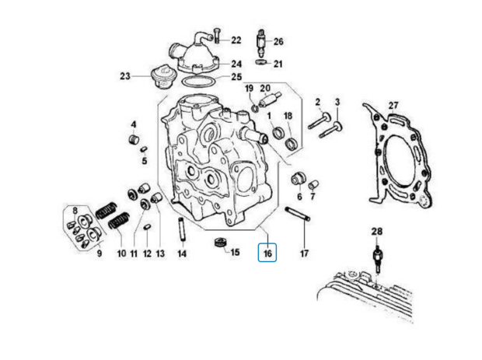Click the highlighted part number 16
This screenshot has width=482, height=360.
(x=267, y=253)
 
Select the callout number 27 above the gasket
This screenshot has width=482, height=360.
(x=393, y=106)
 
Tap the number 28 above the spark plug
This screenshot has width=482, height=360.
(x=377, y=231)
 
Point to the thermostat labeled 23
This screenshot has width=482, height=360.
(x=161, y=77)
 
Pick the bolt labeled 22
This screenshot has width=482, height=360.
(x=217, y=36)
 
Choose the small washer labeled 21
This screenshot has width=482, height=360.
(x=260, y=62)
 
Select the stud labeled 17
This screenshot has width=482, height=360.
(x=298, y=214)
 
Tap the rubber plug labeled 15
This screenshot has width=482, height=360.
(x=220, y=243)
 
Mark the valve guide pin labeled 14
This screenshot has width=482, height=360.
(x=182, y=230)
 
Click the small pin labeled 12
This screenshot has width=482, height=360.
(x=147, y=227)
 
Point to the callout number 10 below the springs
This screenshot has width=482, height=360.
(x=121, y=253)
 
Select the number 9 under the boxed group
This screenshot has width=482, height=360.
(x=99, y=253)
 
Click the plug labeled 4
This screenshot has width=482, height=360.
(x=134, y=140)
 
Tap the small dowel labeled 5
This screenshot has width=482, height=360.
(x=144, y=149)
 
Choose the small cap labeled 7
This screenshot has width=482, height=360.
(x=313, y=184)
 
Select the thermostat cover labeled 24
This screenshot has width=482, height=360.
(x=194, y=54)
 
